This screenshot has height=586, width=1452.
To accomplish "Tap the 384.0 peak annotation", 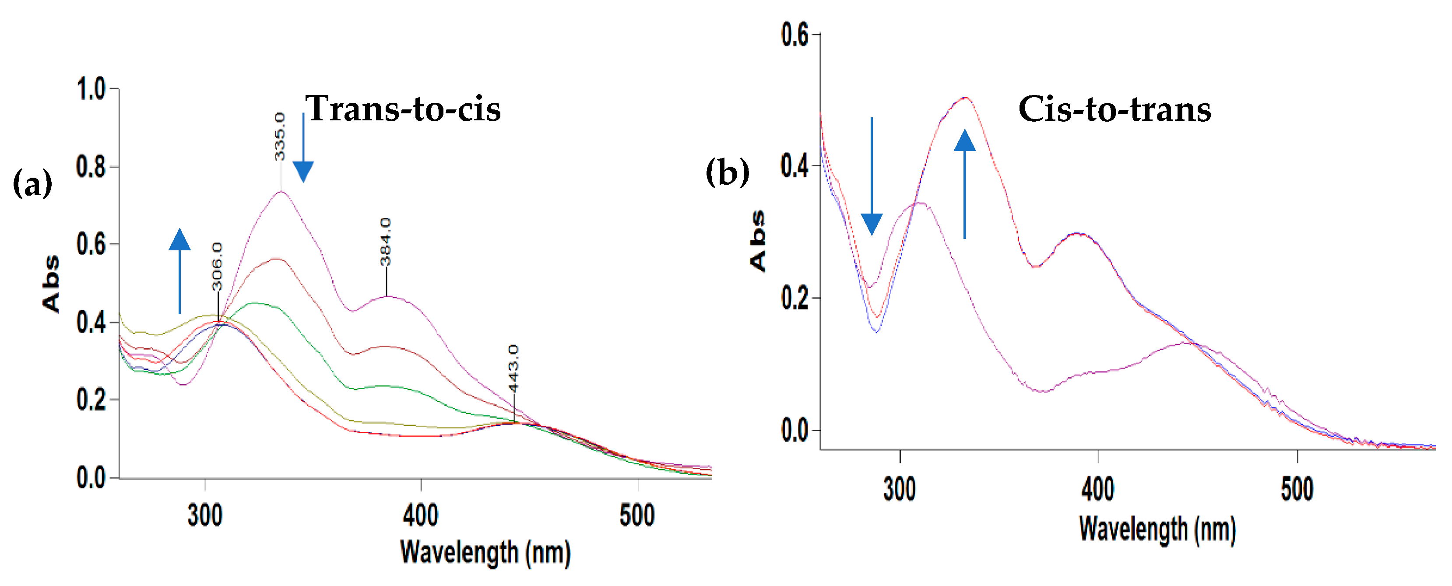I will [x=386, y=241].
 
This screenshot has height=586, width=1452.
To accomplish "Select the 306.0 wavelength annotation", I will [x=218, y=266].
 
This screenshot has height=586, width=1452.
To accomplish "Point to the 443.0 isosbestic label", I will [x=513, y=368].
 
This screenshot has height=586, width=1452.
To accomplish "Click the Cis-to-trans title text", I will [x=1114, y=109].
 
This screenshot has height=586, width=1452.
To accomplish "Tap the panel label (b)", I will [x=727, y=172].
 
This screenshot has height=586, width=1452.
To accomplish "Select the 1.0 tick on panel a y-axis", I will [x=91, y=89].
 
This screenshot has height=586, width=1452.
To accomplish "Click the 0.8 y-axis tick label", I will [x=91, y=167].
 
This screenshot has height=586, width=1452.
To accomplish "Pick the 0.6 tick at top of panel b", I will [x=795, y=35].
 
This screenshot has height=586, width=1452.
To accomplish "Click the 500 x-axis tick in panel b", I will [x=1297, y=489].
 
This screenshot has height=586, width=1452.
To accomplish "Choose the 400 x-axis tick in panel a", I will [x=421, y=515].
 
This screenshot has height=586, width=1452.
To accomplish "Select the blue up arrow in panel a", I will [x=180, y=270].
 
